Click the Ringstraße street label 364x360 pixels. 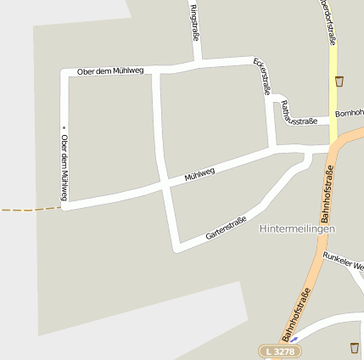click(x=195, y=23)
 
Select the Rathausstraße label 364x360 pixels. click(x=297, y=114)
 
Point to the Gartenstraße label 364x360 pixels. click(x=226, y=228)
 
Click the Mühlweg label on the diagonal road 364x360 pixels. click(x=200, y=175)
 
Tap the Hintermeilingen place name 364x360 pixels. click(x=298, y=229)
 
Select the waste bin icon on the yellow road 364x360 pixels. click(x=339, y=82)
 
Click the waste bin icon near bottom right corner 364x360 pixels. click(x=354, y=346)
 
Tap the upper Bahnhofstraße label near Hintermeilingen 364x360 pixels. click(x=328, y=193)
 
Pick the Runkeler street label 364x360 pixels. click(x=343, y=260)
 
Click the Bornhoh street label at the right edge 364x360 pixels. click(x=349, y=113)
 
